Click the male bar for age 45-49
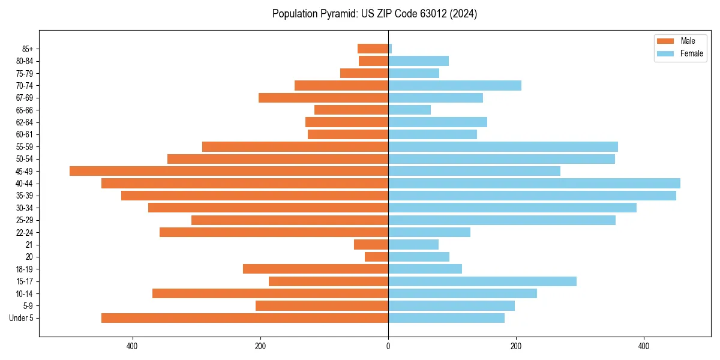point(229,171)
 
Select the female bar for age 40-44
point(534,183)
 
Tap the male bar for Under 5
point(245,318)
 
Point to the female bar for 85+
point(390,49)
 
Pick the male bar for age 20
point(376,257)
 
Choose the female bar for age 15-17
point(482,281)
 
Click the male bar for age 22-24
point(274,232)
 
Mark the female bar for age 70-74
point(455,85)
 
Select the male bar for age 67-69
point(323,98)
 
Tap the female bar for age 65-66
point(409,110)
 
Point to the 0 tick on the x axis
point(388,347)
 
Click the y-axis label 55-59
point(25,146)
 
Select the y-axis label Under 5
point(22,318)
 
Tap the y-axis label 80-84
point(25,61)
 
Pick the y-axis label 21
point(29,245)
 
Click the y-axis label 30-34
point(25,208)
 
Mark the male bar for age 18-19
point(316,269)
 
